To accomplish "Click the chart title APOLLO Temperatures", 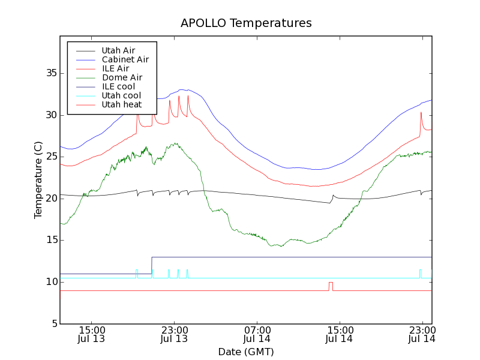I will [x=246, y=23].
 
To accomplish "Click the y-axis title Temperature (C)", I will [x=38, y=180].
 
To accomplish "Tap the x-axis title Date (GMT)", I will [x=246, y=352].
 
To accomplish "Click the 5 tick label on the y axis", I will [x=52, y=324].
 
